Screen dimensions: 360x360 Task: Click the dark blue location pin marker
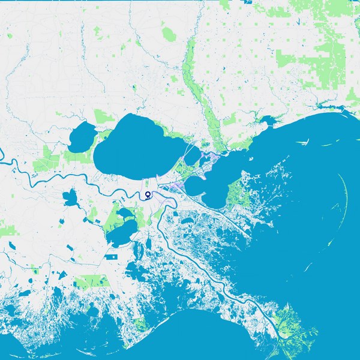(148, 195)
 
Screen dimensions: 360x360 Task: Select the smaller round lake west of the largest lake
(82, 137)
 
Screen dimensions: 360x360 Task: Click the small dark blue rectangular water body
(111, 257)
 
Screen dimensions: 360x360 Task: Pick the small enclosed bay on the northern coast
(268, 122)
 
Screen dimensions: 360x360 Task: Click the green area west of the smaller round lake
(48, 159)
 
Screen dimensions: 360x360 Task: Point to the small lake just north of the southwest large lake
(125, 213)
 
